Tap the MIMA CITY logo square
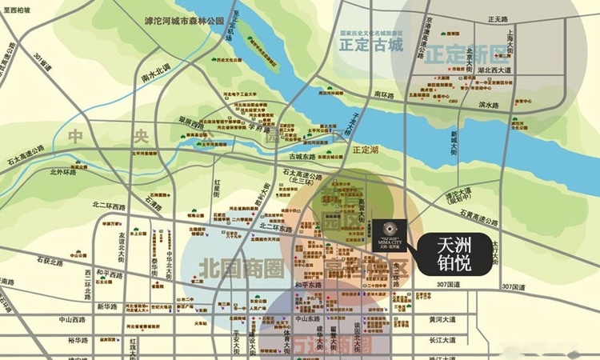click(390, 231)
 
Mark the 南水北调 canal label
click(155, 78)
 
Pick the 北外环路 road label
click(62, 171)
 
